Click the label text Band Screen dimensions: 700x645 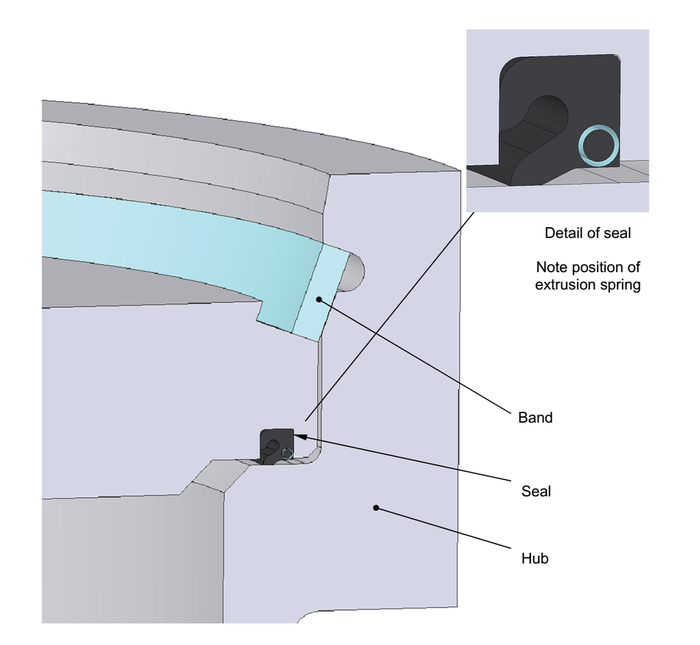point(535,417)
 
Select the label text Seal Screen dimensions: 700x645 point(536,491)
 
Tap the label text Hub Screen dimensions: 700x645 point(535,558)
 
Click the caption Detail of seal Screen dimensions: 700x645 point(587,233)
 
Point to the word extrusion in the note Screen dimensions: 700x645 point(567,285)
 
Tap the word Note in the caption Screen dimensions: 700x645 point(552,267)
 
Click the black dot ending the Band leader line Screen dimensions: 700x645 point(319,300)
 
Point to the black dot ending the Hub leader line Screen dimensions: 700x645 point(376,508)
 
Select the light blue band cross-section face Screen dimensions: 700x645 point(319,293)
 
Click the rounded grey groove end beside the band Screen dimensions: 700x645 point(354,272)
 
